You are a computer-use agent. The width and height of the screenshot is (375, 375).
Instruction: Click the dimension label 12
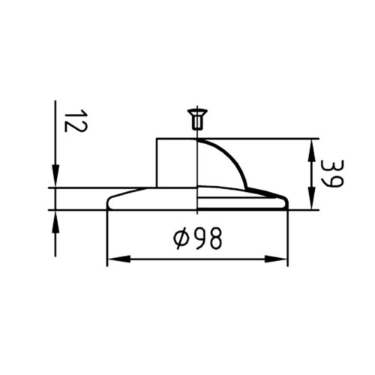(x=76, y=121)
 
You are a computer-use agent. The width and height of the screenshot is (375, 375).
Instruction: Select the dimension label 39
(x=332, y=173)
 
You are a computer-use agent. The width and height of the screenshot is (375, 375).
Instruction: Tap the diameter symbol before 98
(x=181, y=238)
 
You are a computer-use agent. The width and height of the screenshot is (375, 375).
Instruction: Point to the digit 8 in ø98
(x=215, y=238)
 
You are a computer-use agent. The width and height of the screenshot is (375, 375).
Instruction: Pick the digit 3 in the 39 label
(x=332, y=166)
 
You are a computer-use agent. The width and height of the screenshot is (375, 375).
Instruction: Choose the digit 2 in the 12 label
(x=76, y=127)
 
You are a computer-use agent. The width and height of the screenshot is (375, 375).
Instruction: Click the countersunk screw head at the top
(x=197, y=112)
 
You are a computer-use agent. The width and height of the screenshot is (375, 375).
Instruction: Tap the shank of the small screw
(x=197, y=122)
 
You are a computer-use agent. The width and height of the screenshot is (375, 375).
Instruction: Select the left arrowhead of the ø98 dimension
(x=118, y=259)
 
